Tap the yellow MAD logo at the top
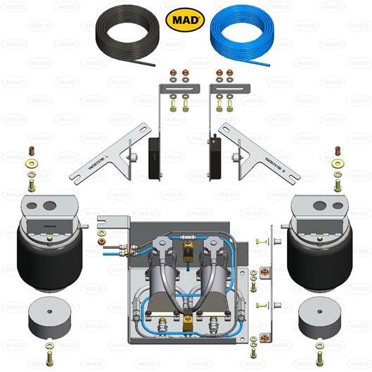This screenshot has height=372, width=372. (x=186, y=20)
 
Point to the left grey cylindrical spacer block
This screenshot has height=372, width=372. (x=49, y=320)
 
